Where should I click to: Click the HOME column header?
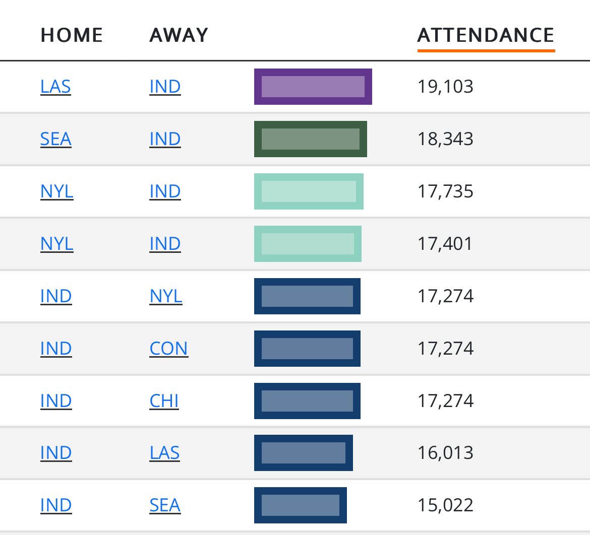click(72, 35)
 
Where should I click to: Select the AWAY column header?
click(179, 35)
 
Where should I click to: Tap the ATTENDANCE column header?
click(486, 35)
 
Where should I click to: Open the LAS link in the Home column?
click(55, 87)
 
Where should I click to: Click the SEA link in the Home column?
click(55, 139)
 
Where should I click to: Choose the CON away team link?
click(168, 349)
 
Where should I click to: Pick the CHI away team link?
click(164, 401)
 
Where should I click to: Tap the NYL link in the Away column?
click(165, 296)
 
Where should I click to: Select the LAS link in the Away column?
click(164, 453)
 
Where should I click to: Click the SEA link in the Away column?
click(165, 506)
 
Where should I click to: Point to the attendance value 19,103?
click(445, 87)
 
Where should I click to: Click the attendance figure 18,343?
click(445, 139)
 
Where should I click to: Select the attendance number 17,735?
click(445, 191)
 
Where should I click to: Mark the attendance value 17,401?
click(445, 244)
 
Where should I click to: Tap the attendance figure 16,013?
click(445, 453)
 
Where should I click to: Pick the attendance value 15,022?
click(445, 506)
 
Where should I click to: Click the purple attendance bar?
click(313, 87)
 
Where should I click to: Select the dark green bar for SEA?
click(310, 139)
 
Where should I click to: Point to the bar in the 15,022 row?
click(300, 506)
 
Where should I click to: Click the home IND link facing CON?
click(56, 349)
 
